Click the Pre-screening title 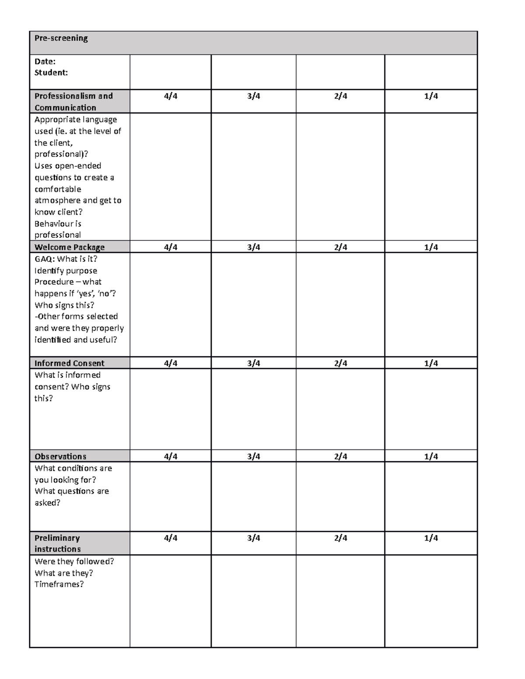coord(61,38)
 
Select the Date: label coord(45,62)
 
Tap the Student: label coord(51,73)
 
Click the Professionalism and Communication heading coord(73,101)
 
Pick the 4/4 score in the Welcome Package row coord(171,247)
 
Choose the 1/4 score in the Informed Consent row coord(430,363)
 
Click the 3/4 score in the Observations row coord(253,456)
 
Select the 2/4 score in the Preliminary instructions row coord(340,538)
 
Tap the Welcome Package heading coord(70,247)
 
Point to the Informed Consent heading coord(69,363)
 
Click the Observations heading coord(60,456)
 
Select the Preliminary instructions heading coord(57,543)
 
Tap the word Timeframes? coord(59,585)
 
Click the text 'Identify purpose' coord(66,271)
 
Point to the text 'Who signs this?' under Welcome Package coord(64,305)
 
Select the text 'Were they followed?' coord(74,561)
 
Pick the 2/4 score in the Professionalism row coord(340,96)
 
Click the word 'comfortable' coord(58,189)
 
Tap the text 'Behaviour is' coord(58,224)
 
